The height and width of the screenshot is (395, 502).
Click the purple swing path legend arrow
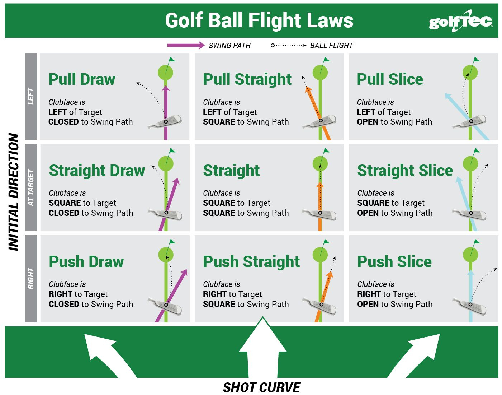pyautogui.click(x=185, y=45)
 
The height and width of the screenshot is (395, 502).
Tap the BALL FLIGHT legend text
pyautogui.click(x=331, y=46)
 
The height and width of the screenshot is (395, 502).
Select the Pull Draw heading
pyautogui.click(x=82, y=79)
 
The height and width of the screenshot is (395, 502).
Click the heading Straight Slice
pyautogui.click(x=405, y=171)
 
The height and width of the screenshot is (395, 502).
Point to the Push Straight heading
pyautogui.click(x=251, y=262)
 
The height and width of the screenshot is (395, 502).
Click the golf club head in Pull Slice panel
pyautogui.click(x=470, y=122)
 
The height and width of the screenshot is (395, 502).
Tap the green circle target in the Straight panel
pyautogui.click(x=320, y=164)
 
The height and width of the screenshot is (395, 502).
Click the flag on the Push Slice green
pyautogui.click(x=477, y=242)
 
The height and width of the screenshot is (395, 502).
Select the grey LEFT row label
pyautogui.click(x=31, y=96)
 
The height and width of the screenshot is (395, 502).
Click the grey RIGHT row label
pyautogui.click(x=31, y=278)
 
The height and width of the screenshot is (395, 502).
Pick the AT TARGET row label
pyautogui.click(x=31, y=187)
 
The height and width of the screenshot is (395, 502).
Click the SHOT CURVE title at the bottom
pyautogui.click(x=261, y=387)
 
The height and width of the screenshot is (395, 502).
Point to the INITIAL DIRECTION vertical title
pyautogui.click(x=14, y=192)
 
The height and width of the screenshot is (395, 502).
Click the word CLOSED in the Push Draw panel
pyautogui.click(x=64, y=304)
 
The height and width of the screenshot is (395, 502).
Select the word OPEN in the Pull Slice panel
pyautogui.click(x=367, y=122)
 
